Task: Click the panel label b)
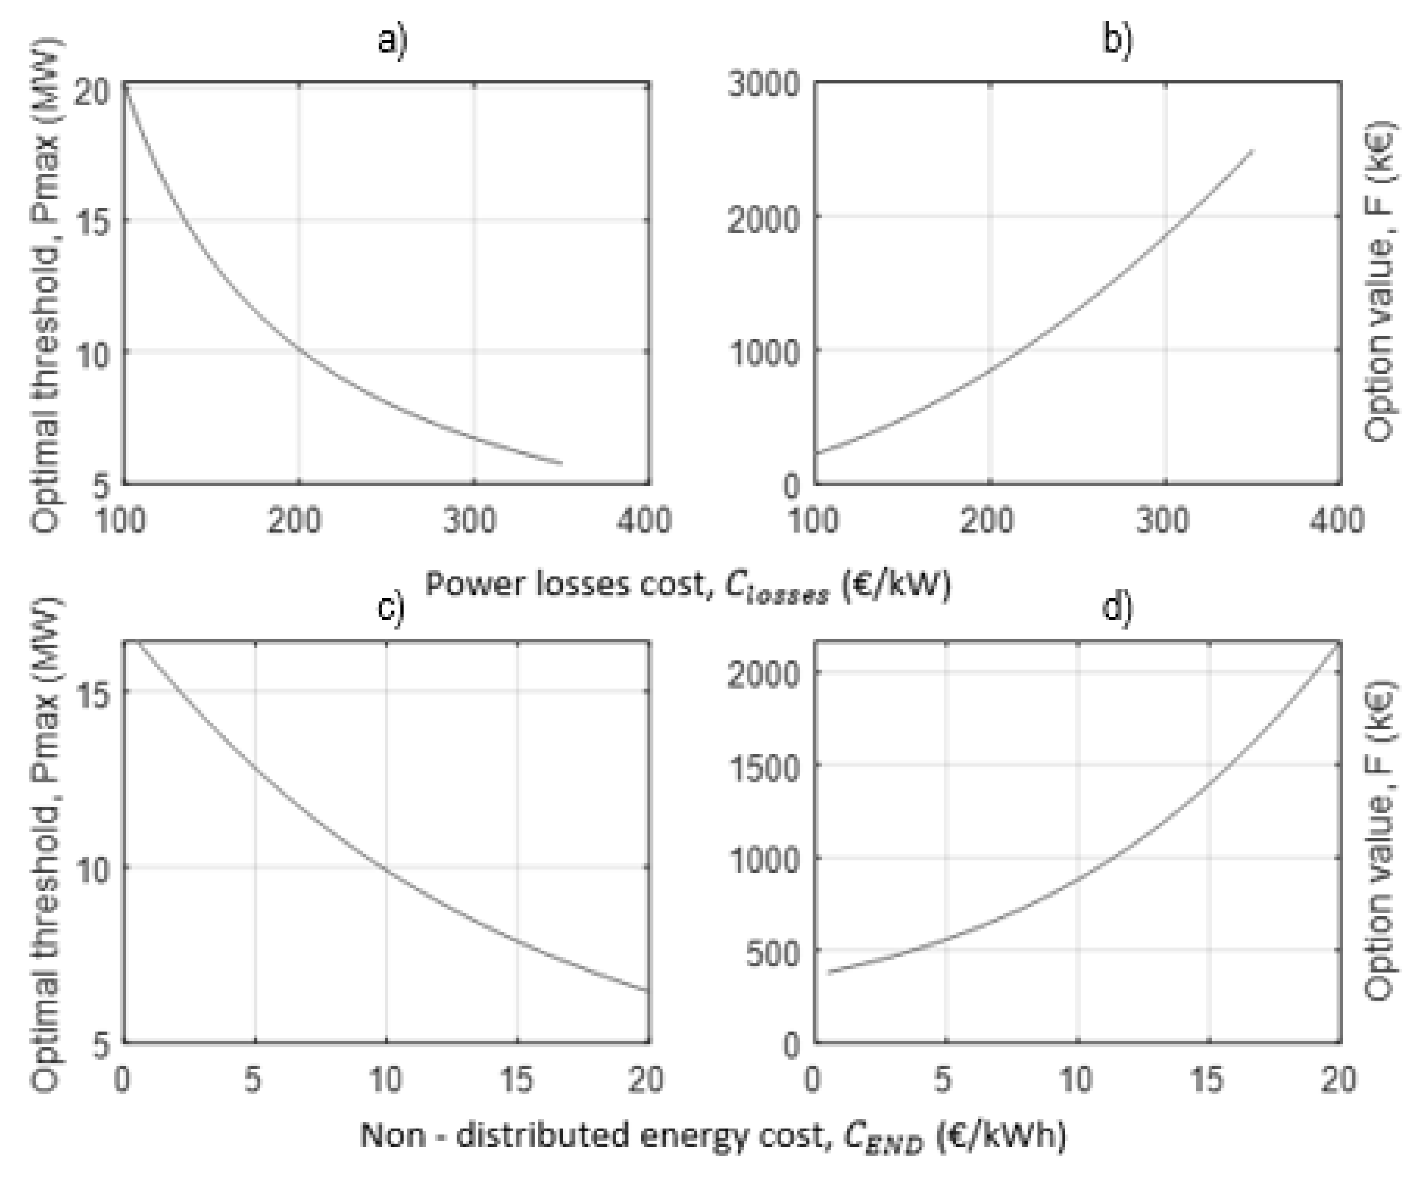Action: click(x=1118, y=41)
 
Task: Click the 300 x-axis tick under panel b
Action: click(x=1163, y=521)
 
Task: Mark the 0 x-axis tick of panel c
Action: click(x=122, y=1080)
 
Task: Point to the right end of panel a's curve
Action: click(x=561, y=463)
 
